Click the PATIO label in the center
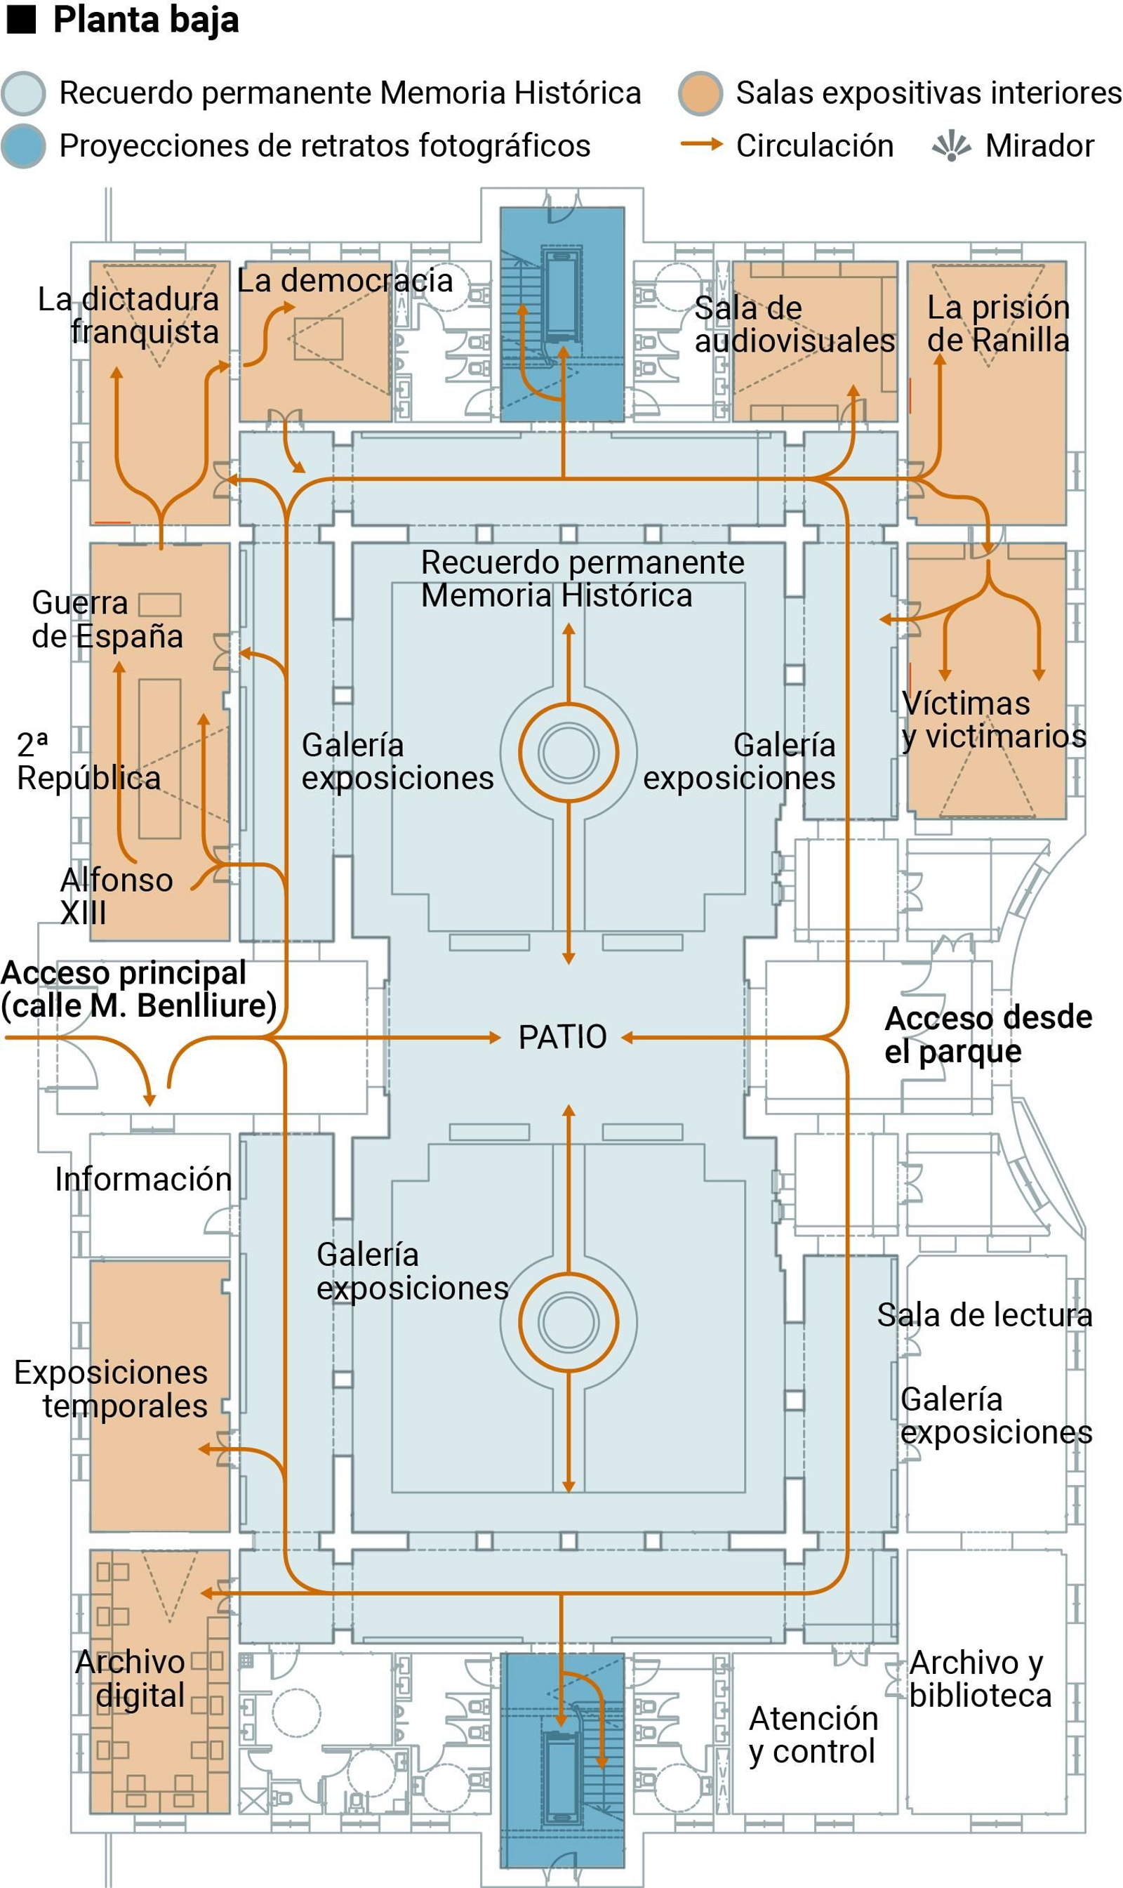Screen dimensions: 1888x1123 [x=562, y=1037]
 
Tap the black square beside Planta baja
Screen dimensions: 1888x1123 [x=21, y=20]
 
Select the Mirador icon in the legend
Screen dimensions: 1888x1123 [x=951, y=145]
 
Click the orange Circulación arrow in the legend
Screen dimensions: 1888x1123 [x=701, y=144]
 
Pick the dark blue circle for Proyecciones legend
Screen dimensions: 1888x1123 [x=23, y=145]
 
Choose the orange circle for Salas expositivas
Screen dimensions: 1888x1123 [x=700, y=94]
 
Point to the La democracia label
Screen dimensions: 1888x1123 [x=345, y=281]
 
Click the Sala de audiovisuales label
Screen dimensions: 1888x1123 [x=795, y=325]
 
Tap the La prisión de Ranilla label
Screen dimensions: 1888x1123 [x=998, y=323]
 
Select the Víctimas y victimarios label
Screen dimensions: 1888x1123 [x=994, y=720]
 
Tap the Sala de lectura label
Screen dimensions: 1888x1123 [x=985, y=1315]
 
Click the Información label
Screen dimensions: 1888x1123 [x=143, y=1180]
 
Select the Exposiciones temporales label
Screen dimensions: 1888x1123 [x=111, y=1389]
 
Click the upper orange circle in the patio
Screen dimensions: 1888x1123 [x=569, y=753]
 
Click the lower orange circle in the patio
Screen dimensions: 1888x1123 [x=569, y=1322]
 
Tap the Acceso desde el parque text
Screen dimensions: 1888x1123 [x=988, y=1034]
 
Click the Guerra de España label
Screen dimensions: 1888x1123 [x=107, y=619]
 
